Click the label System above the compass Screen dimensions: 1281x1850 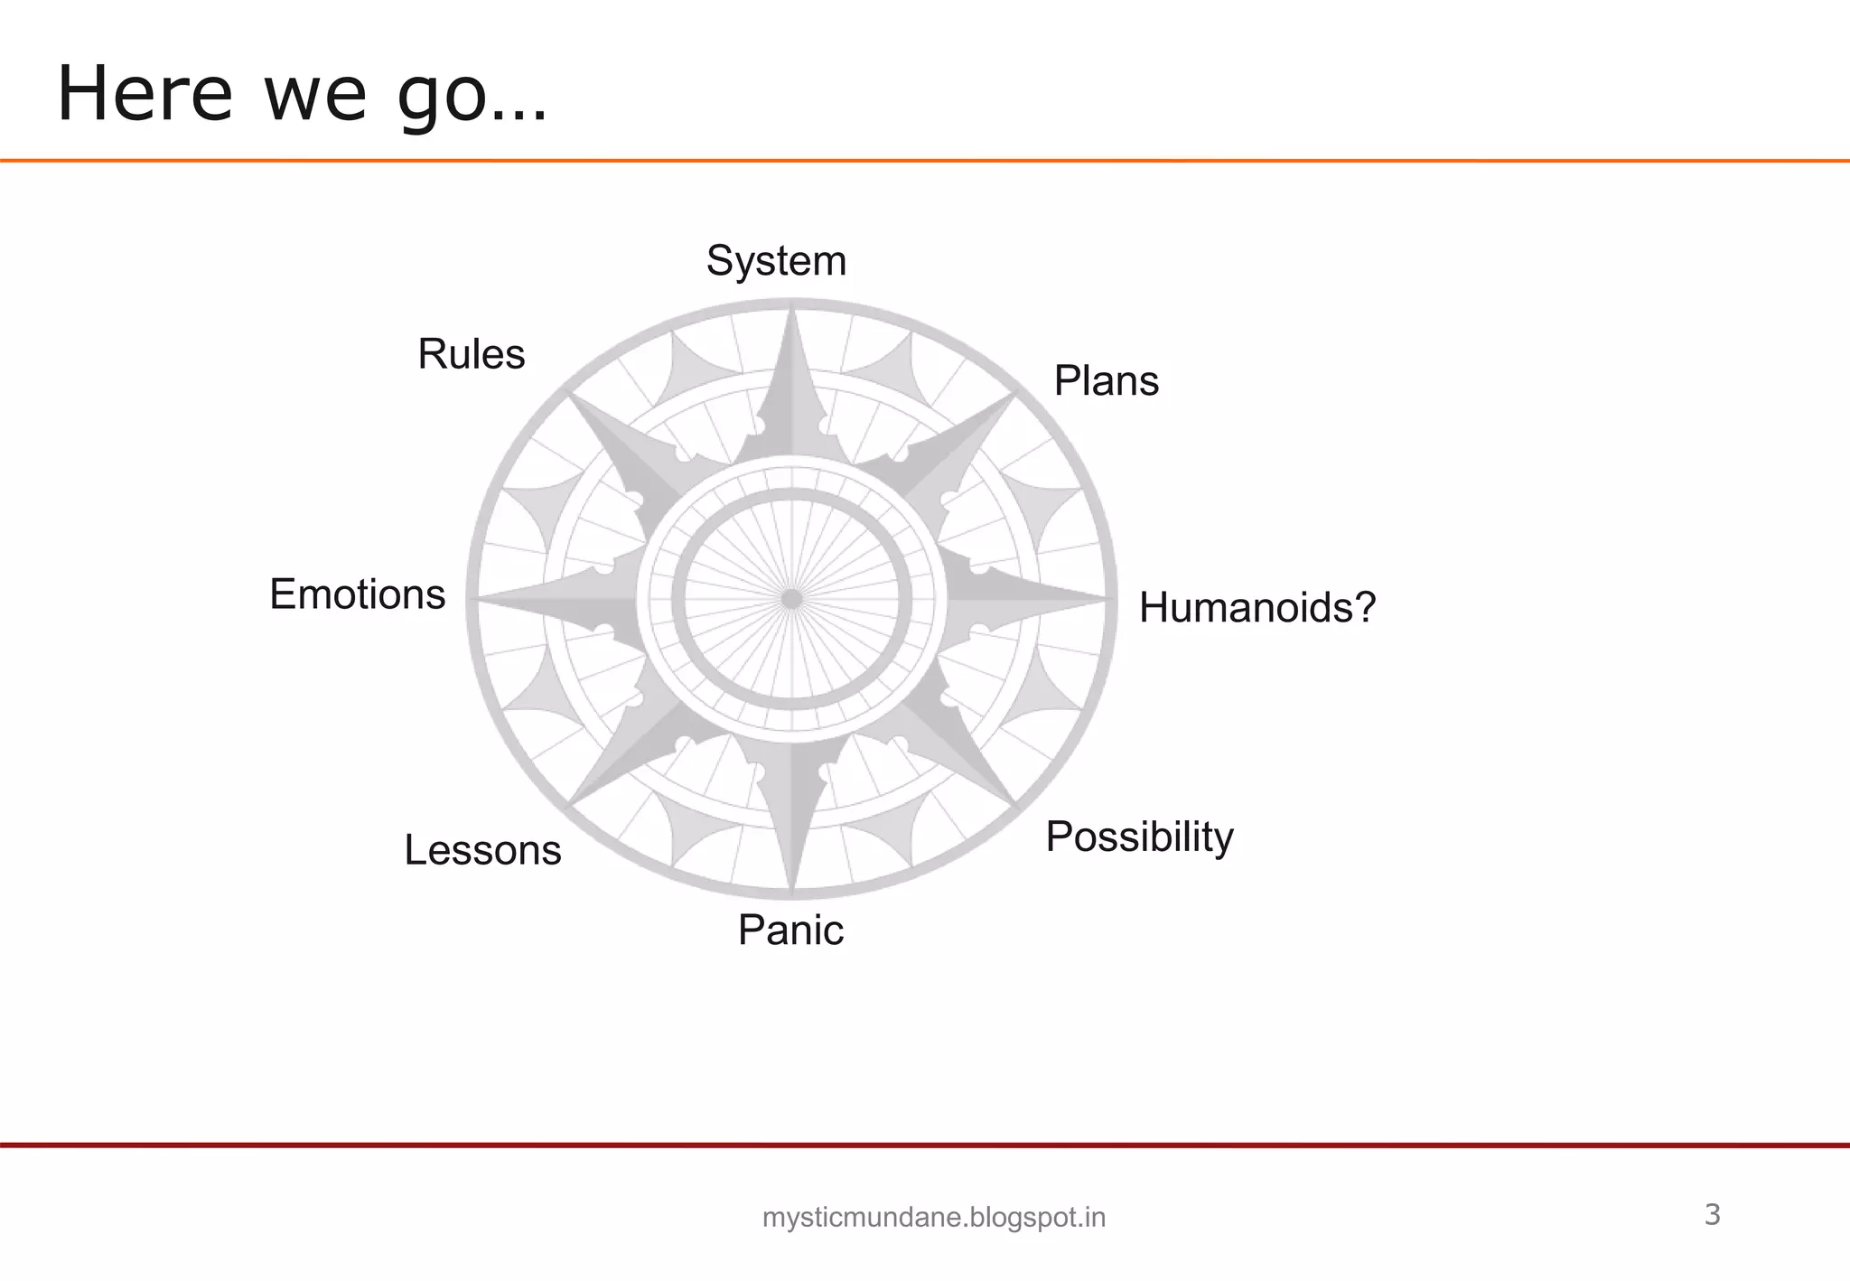pos(776,262)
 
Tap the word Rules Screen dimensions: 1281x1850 pos(471,354)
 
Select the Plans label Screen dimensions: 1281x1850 pos(1106,381)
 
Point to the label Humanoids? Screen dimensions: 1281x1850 pos(1257,607)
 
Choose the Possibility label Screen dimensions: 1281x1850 pos(1139,837)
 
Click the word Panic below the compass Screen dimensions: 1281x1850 pos(790,930)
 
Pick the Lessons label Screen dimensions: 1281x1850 pos(482,850)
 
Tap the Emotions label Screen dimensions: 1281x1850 pos(358,594)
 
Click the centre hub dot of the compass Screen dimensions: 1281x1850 pos(791,599)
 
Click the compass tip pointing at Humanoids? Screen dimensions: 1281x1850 pos(1104,598)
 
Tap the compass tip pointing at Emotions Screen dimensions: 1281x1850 pos(480,598)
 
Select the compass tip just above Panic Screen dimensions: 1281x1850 pos(791,891)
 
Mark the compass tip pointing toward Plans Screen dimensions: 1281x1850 pos(1014,395)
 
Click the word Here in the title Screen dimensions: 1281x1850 pos(145,94)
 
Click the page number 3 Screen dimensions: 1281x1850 pos(1712,1215)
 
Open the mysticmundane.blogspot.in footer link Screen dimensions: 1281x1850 pos(934,1218)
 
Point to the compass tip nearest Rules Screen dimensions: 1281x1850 pos(569,395)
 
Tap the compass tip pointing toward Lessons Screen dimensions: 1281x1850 pos(571,803)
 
